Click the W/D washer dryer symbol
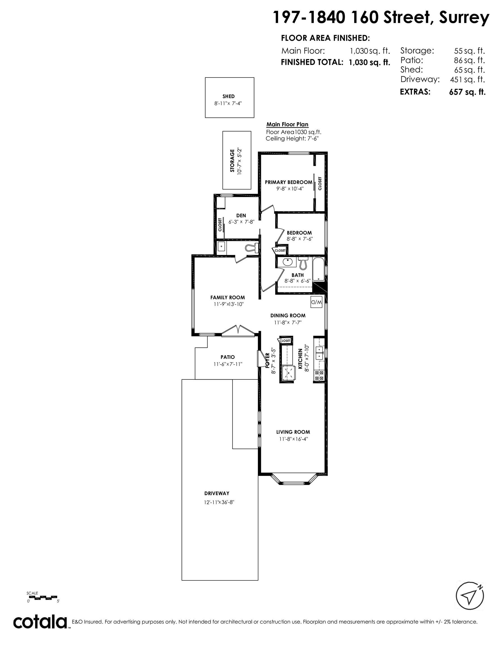click(316, 302)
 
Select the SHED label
click(229, 96)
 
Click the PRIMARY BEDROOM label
click(288, 182)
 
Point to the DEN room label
click(241, 216)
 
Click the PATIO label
click(228, 357)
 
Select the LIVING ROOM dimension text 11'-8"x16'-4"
click(294, 439)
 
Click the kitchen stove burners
click(319, 376)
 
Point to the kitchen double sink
click(319, 353)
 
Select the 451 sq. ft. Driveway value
click(467, 79)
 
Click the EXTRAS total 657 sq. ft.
click(467, 92)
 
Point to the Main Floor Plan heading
click(287, 124)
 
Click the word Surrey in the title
click(464, 18)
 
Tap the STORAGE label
click(232, 160)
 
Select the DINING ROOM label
click(288, 316)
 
